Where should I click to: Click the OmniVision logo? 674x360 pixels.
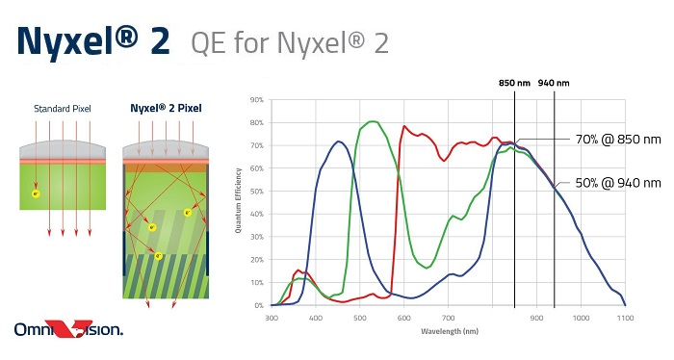tap(68, 330)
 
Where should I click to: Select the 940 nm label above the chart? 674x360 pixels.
tap(555, 82)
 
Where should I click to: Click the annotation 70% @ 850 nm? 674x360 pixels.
tap(618, 140)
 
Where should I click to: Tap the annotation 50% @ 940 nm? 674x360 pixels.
tap(618, 183)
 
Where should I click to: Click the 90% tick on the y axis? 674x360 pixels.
tap(257, 99)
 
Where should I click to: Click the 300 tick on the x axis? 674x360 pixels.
tap(272, 316)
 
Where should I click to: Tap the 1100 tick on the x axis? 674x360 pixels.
tap(625, 316)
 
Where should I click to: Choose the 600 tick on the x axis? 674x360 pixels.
tap(403, 316)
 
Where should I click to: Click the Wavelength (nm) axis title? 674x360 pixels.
tap(448, 330)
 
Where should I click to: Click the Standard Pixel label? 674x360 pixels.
tap(62, 108)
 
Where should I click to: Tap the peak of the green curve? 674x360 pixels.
tap(373, 121)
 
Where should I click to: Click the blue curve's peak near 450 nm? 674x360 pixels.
tap(339, 141)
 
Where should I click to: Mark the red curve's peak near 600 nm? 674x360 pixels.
tap(404, 126)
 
